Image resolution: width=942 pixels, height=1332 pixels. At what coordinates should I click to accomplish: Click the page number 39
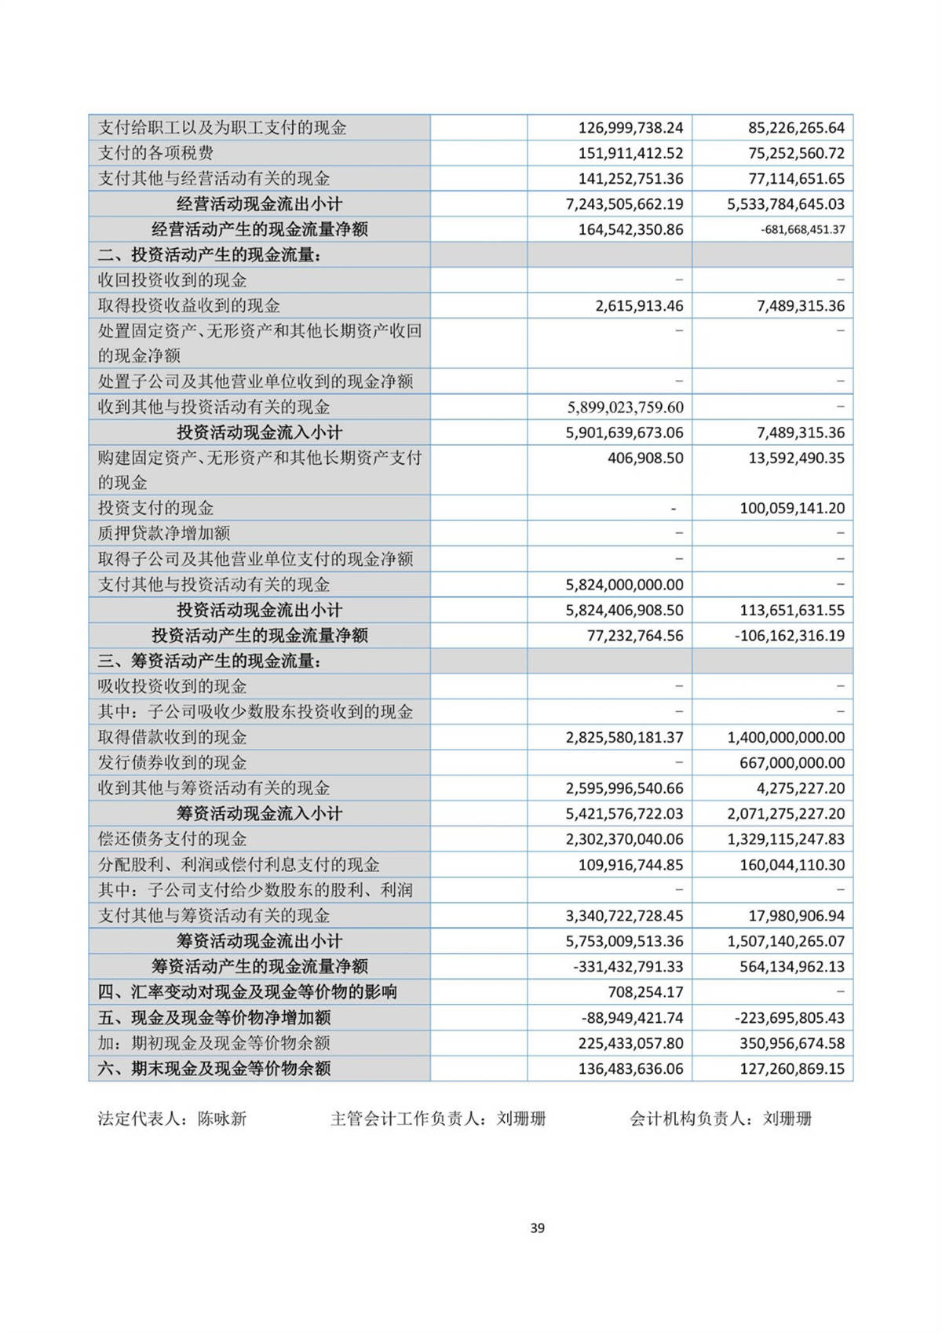point(537,1228)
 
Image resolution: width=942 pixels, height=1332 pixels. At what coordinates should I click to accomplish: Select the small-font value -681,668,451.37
point(802,230)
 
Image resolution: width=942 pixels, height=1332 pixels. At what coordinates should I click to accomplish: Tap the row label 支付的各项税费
point(155,153)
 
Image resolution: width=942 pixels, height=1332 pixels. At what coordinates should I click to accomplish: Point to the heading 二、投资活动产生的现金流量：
point(210,255)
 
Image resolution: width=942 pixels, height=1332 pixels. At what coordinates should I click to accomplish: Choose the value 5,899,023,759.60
point(624,407)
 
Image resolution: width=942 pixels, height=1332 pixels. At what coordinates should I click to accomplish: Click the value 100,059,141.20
point(791,509)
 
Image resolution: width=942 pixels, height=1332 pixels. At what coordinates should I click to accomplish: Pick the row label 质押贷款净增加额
point(163,534)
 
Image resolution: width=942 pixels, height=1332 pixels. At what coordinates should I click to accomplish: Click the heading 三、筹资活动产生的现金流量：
point(210,662)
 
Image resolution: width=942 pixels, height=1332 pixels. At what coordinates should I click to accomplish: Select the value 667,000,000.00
point(791,763)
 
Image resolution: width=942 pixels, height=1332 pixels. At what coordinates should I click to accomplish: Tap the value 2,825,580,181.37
point(624,738)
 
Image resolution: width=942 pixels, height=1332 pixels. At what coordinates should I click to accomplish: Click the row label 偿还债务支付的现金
point(172,839)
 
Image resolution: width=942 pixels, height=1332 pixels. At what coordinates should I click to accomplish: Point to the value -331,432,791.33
point(628,966)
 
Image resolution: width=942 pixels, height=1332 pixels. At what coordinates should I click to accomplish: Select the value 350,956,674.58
point(791,1043)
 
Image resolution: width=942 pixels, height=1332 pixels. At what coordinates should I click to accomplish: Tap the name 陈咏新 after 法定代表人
point(222,1119)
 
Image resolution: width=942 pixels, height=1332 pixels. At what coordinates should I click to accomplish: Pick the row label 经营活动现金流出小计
point(259,204)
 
